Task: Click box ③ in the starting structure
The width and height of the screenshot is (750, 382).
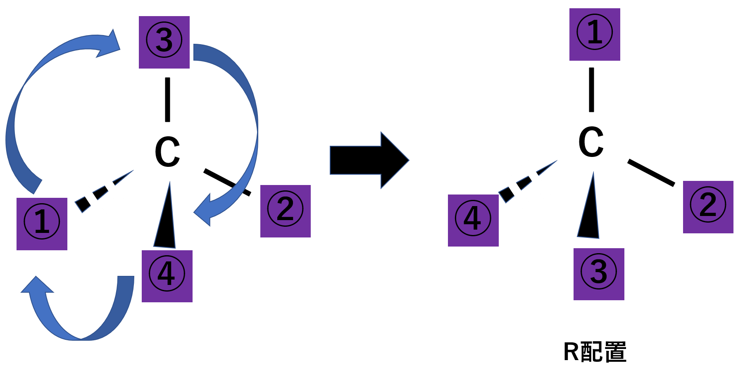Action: (x=164, y=42)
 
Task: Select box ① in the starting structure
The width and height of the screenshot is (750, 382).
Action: (x=42, y=224)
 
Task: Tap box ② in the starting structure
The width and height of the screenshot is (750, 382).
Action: (x=285, y=211)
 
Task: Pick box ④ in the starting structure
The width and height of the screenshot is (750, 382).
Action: (x=167, y=276)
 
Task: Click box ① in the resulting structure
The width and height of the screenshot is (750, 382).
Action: (x=595, y=34)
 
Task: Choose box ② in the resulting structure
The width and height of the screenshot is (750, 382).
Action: (x=708, y=207)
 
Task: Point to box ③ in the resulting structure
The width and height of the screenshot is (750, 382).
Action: (x=599, y=274)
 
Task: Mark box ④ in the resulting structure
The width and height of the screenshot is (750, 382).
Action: (x=473, y=220)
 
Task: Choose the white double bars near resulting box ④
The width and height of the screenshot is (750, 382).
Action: (x=525, y=184)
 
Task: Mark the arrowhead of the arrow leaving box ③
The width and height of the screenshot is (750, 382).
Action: (x=205, y=211)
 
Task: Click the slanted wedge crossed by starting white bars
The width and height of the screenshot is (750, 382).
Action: (x=83, y=204)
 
